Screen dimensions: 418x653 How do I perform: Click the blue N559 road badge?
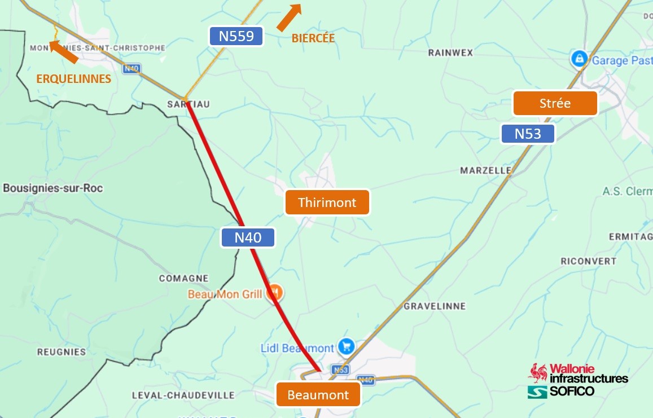(x=236, y=37)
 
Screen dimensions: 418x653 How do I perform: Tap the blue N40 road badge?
(x=248, y=237)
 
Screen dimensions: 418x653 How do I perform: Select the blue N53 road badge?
(x=528, y=134)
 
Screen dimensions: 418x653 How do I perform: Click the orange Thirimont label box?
(x=327, y=202)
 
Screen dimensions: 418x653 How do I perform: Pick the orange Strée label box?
(x=555, y=103)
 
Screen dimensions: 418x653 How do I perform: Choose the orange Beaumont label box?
(x=318, y=394)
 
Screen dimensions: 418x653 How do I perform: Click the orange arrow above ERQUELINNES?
(x=63, y=51)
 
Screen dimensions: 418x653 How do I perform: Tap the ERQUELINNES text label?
(x=73, y=79)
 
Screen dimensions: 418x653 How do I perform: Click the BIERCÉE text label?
(x=313, y=38)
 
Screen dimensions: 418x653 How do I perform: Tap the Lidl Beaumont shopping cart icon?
(x=346, y=347)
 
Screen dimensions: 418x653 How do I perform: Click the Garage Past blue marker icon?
(x=578, y=58)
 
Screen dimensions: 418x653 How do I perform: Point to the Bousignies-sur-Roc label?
(x=53, y=188)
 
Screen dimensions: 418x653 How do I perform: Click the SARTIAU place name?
(x=189, y=104)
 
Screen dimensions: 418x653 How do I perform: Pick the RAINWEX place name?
(x=450, y=52)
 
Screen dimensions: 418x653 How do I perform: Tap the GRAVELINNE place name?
(x=435, y=306)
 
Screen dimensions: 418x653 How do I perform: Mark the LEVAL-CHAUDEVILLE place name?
(x=183, y=395)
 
